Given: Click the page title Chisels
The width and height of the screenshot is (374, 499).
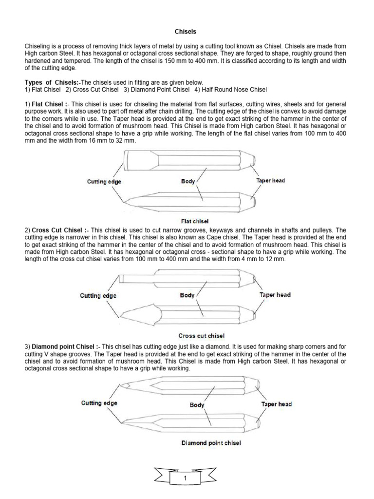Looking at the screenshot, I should click(x=186, y=32).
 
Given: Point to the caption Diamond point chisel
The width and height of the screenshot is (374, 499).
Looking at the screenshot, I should click(x=211, y=443).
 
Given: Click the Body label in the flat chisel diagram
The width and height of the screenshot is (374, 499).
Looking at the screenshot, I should click(x=188, y=181).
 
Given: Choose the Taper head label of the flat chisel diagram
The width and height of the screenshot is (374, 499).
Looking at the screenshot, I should click(x=270, y=181).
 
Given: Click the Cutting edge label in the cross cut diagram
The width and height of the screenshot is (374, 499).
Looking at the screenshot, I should click(x=98, y=296).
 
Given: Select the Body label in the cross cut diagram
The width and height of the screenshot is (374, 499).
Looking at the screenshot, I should click(x=187, y=295).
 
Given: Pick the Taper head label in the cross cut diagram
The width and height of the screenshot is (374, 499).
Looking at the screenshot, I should click(x=275, y=295).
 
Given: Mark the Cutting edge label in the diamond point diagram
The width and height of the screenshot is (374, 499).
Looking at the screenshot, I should click(x=99, y=403).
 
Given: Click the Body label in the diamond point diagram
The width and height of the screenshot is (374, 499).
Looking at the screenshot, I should click(x=197, y=405).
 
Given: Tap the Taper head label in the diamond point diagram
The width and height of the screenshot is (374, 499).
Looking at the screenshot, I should click(x=277, y=404).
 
